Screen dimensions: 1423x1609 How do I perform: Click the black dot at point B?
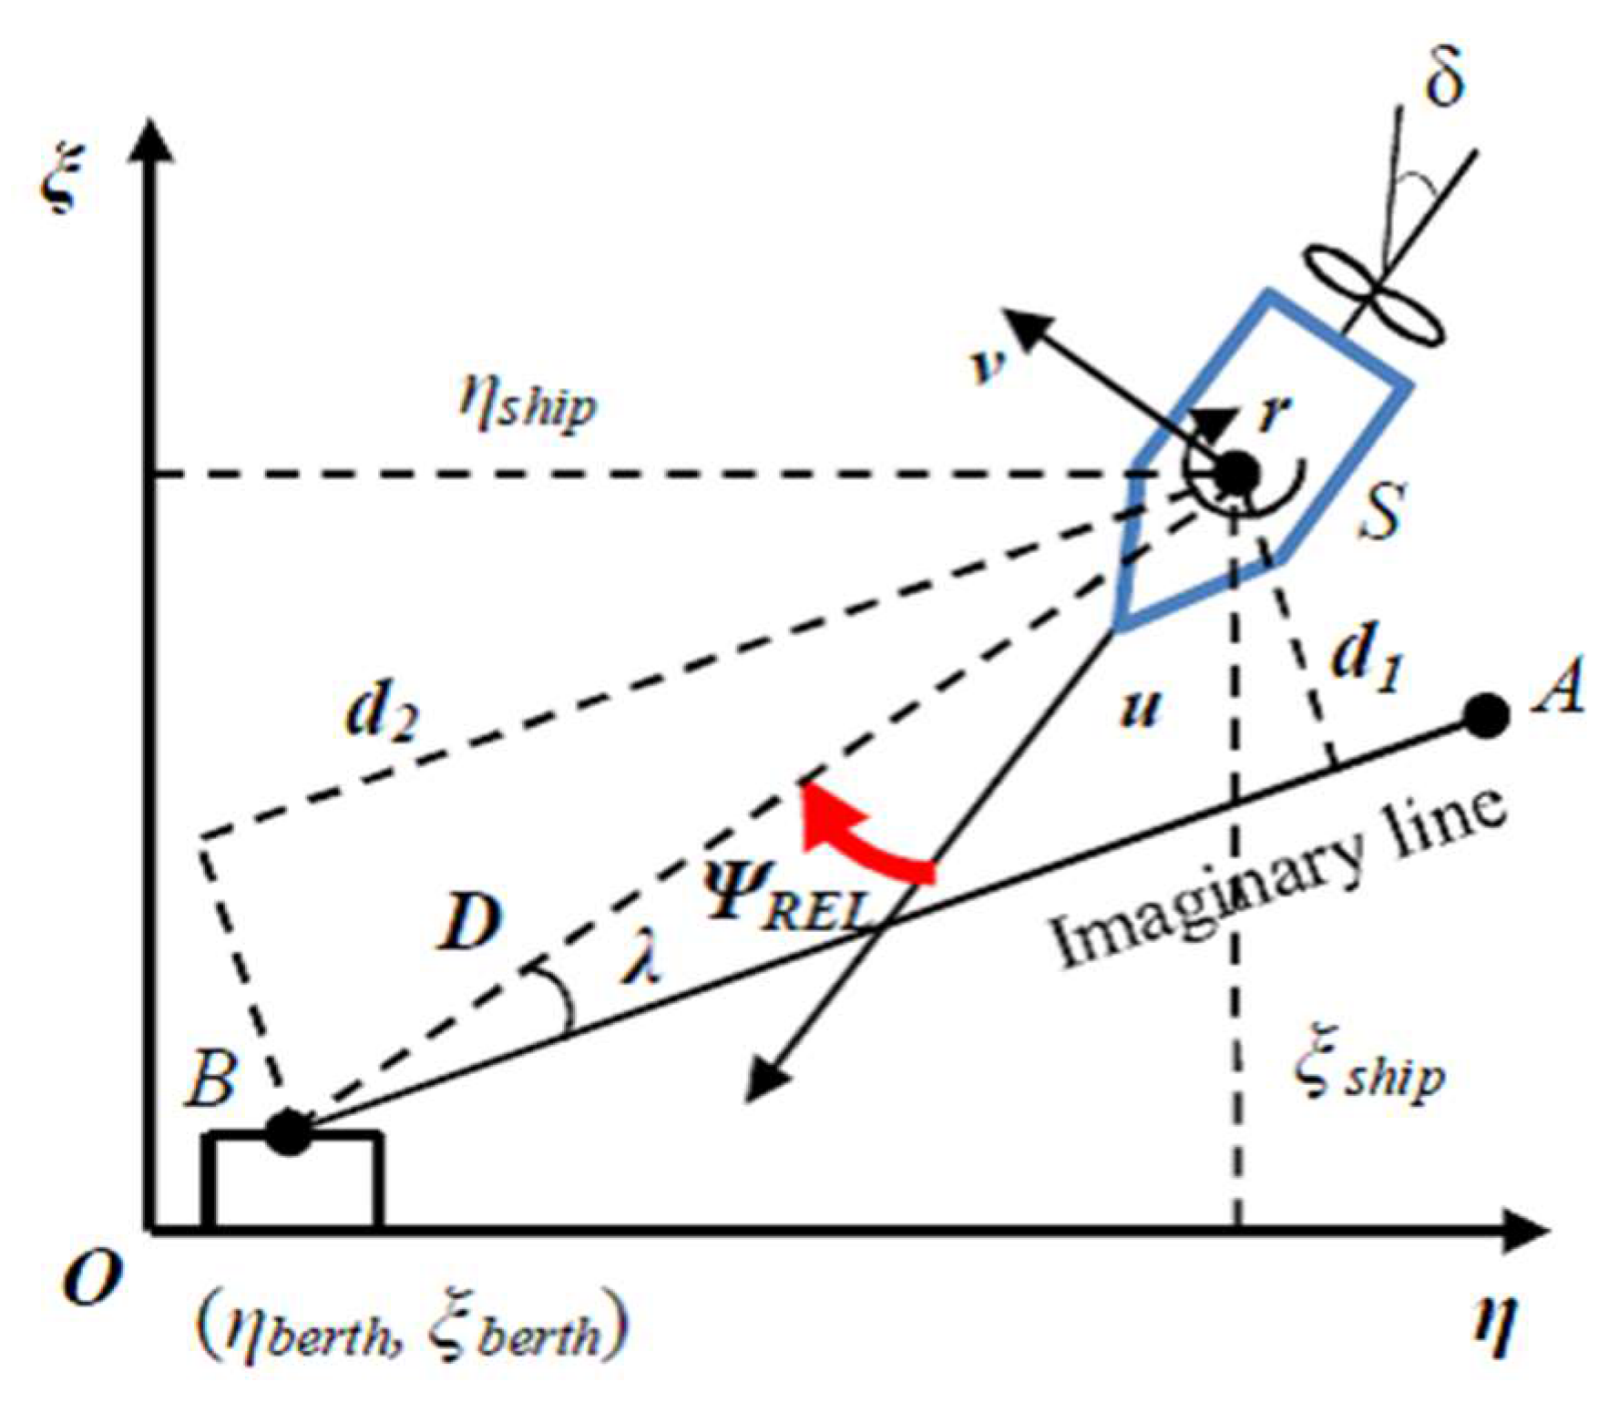pyautogui.click(x=289, y=1132)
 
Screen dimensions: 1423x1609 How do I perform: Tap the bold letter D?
pyautogui.click(x=470, y=922)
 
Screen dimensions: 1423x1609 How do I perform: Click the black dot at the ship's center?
pyautogui.click(x=1236, y=473)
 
